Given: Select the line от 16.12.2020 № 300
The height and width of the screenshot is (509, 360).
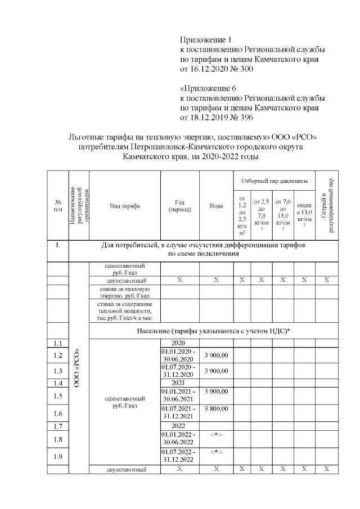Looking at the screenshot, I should [x=217, y=70].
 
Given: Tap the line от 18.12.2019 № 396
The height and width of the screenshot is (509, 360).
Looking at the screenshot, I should [x=217, y=118].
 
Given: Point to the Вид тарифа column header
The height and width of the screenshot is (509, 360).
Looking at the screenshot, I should [x=124, y=206].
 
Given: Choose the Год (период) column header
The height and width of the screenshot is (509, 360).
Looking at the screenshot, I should [x=180, y=206].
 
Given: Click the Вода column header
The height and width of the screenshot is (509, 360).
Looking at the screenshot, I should [x=216, y=206].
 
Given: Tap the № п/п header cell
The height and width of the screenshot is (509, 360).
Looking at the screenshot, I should [x=57, y=206].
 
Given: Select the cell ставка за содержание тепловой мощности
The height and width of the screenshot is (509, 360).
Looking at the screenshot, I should [x=124, y=310].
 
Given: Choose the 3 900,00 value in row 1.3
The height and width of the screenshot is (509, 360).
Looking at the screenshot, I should [x=216, y=371].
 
